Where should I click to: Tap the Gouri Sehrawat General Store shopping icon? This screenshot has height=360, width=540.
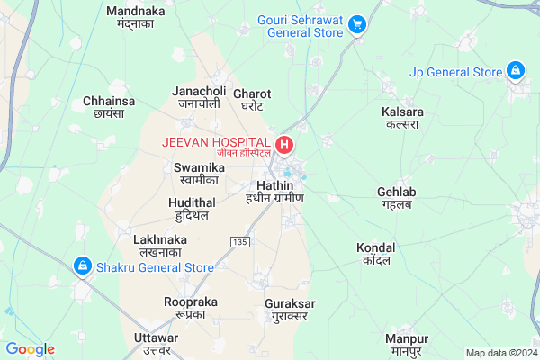[x=357, y=24]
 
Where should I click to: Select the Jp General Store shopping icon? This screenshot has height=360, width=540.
[x=515, y=69]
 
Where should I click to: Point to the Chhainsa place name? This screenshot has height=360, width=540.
[x=109, y=107]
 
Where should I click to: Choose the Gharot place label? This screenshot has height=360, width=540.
[x=252, y=99]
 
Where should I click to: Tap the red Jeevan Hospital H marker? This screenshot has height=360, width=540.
[x=284, y=144]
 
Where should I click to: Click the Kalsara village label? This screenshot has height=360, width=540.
[x=401, y=118]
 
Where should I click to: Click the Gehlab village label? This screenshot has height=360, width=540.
[x=396, y=199]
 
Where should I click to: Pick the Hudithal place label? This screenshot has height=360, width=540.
[x=192, y=209]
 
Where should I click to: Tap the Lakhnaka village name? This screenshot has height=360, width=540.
[x=159, y=246]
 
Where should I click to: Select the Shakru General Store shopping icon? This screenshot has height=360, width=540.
[x=82, y=266]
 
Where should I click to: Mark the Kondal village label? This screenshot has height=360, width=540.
[x=375, y=253]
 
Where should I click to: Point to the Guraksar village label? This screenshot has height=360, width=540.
[x=287, y=310]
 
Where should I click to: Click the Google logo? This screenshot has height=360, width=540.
[x=30, y=349]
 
